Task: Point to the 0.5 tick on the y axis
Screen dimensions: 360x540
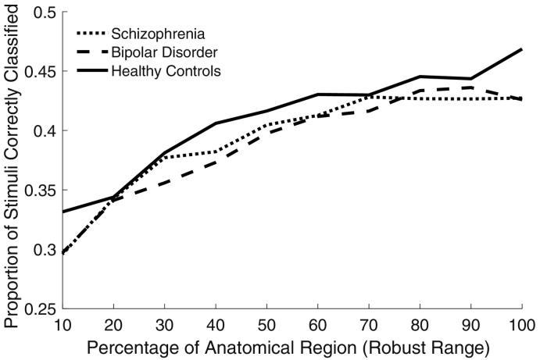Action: pyautogui.click(x=43, y=13)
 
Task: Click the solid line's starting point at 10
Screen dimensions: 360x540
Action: pyautogui.click(x=63, y=212)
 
